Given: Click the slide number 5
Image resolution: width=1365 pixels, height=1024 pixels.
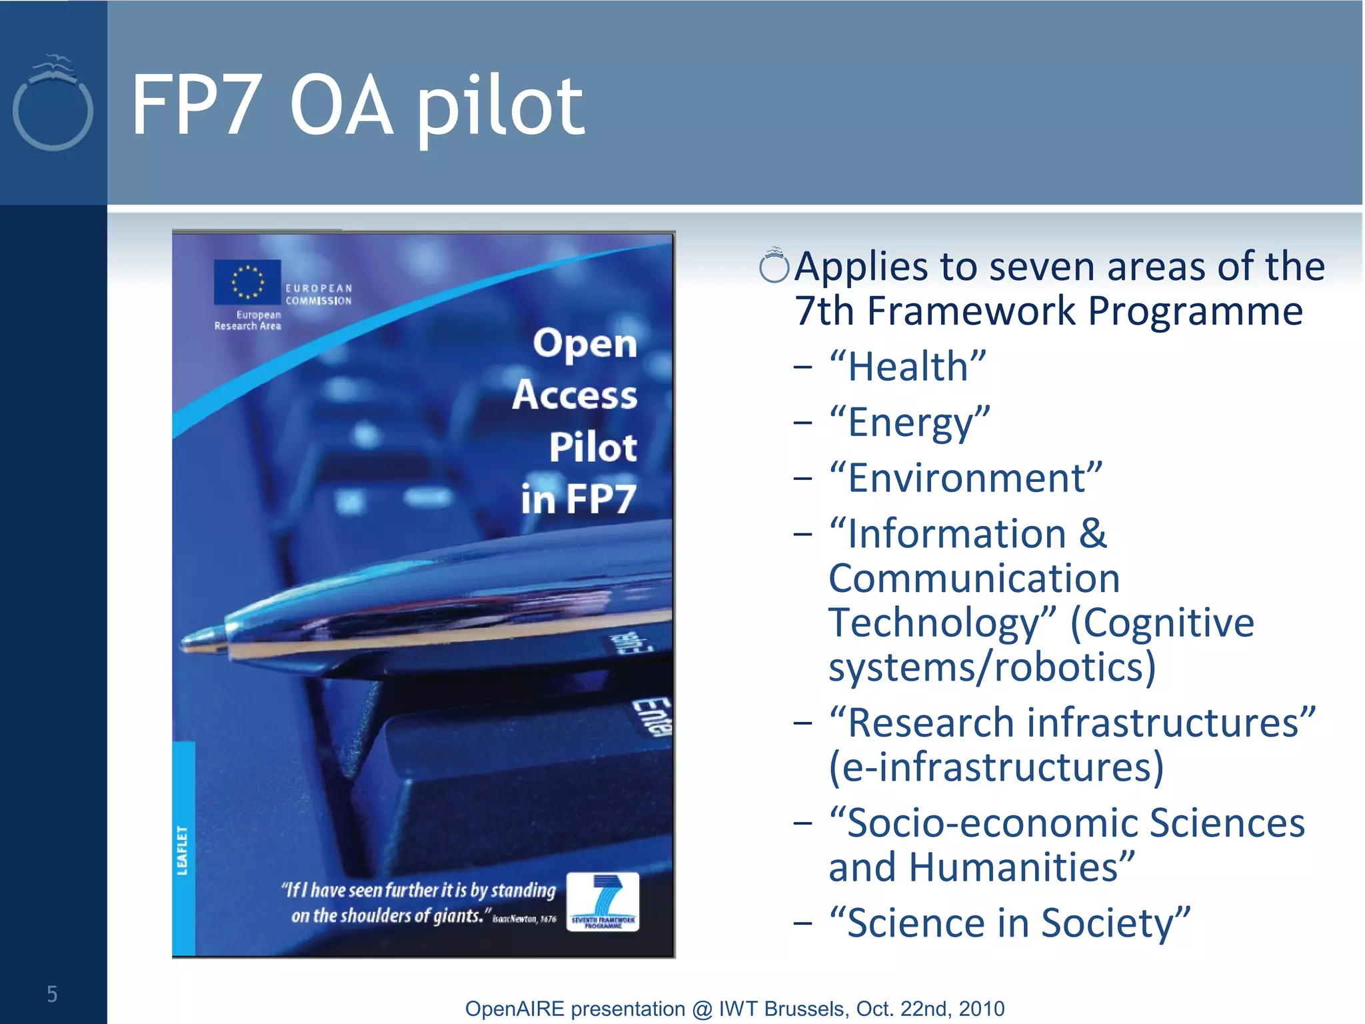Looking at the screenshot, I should click(x=52, y=994).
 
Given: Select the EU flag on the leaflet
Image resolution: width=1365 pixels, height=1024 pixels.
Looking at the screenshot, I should click(x=247, y=281).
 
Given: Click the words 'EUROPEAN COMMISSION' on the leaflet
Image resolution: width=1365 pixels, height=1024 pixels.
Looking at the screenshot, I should click(x=319, y=295).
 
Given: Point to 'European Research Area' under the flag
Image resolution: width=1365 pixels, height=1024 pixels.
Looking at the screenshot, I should click(x=248, y=320).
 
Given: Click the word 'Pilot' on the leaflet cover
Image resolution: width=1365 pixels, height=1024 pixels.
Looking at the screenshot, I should click(x=593, y=447).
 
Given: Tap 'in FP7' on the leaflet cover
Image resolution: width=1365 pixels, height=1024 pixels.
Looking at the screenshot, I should click(x=578, y=499).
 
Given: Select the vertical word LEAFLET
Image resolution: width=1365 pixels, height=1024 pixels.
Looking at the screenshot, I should click(x=182, y=850).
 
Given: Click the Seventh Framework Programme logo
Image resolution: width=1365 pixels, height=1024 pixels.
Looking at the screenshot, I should click(x=603, y=901).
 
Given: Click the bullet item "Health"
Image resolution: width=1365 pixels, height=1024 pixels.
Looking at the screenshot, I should click(x=907, y=367).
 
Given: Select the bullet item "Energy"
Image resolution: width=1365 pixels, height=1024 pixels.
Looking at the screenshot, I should click(x=910, y=423).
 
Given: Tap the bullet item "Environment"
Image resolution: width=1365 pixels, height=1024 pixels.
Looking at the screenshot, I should click(x=966, y=478).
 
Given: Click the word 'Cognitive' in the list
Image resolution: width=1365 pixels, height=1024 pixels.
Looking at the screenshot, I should click(x=1162, y=623).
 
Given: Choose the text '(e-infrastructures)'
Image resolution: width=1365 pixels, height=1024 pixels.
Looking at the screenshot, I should click(x=996, y=767).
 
